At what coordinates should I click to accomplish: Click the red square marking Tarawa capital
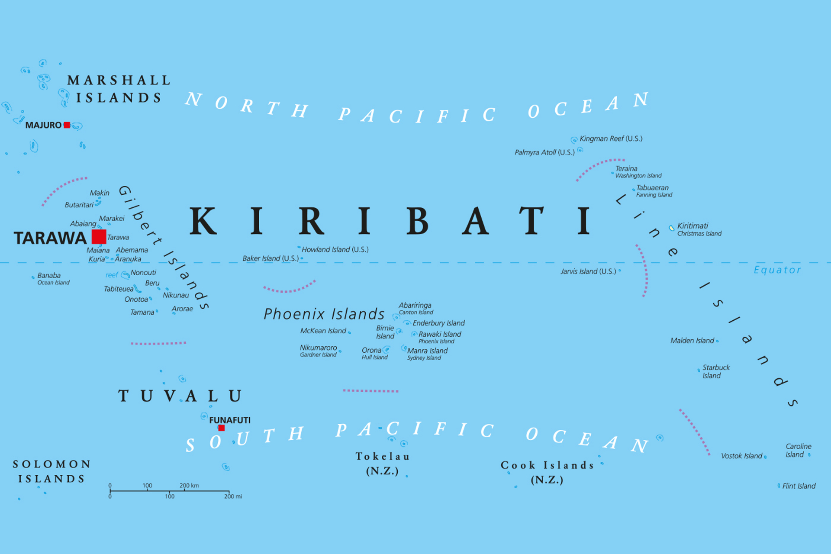99,237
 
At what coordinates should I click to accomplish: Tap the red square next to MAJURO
67,125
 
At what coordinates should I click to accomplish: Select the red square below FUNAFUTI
221,428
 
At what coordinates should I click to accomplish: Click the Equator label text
777,270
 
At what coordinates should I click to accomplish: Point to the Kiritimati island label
692,225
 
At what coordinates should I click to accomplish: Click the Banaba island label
49,275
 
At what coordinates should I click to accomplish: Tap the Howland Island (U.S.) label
335,249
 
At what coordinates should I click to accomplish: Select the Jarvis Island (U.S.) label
588,271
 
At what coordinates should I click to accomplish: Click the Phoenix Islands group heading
324,314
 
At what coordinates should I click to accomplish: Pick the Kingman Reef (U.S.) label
611,138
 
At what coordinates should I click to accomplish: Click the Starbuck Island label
715,371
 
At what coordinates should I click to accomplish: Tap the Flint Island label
799,486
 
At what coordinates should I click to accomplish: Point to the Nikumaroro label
318,348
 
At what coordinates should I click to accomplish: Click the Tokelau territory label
383,456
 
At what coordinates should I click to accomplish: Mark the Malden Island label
692,341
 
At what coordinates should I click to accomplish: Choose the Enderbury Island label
438,323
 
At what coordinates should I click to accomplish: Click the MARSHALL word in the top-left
119,81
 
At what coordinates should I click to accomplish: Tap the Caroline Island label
798,450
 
